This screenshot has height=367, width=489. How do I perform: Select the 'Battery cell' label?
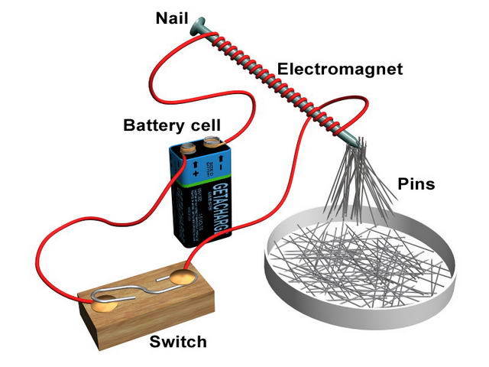click(x=172, y=124)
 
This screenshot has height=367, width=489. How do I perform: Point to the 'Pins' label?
click(x=416, y=184)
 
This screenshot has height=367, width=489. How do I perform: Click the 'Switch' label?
click(x=177, y=341)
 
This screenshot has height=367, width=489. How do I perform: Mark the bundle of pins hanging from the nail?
click(x=351, y=183)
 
